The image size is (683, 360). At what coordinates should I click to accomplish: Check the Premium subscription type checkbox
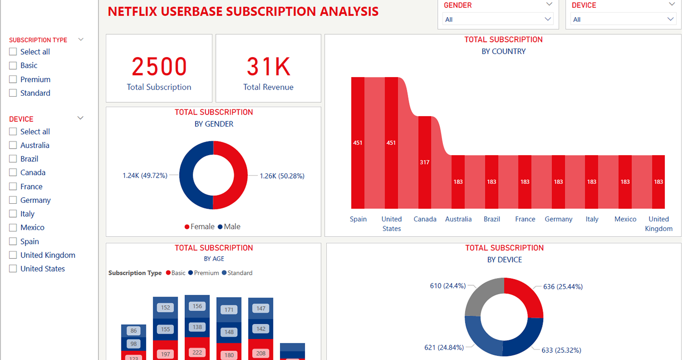13,80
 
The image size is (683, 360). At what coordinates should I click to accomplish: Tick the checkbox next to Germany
13,200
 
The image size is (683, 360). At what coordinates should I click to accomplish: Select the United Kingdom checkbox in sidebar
13,255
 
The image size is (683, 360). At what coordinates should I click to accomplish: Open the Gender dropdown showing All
498,20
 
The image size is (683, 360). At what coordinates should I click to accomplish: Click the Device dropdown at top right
623,20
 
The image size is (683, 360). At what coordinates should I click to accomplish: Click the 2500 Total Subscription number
159,67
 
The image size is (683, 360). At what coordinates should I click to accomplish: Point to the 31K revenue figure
268,67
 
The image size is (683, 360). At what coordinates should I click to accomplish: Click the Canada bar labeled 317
425,162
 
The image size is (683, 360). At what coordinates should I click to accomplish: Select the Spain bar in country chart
358,142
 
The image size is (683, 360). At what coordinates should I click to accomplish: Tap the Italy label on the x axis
592,219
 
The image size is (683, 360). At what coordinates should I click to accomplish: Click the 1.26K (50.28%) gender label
281,176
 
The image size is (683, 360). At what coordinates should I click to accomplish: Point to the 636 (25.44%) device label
563,287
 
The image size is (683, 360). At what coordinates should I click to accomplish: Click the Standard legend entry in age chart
240,273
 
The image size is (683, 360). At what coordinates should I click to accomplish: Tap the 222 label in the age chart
197,352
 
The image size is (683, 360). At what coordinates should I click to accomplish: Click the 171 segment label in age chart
229,310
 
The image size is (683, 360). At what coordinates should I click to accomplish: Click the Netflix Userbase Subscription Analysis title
243,11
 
